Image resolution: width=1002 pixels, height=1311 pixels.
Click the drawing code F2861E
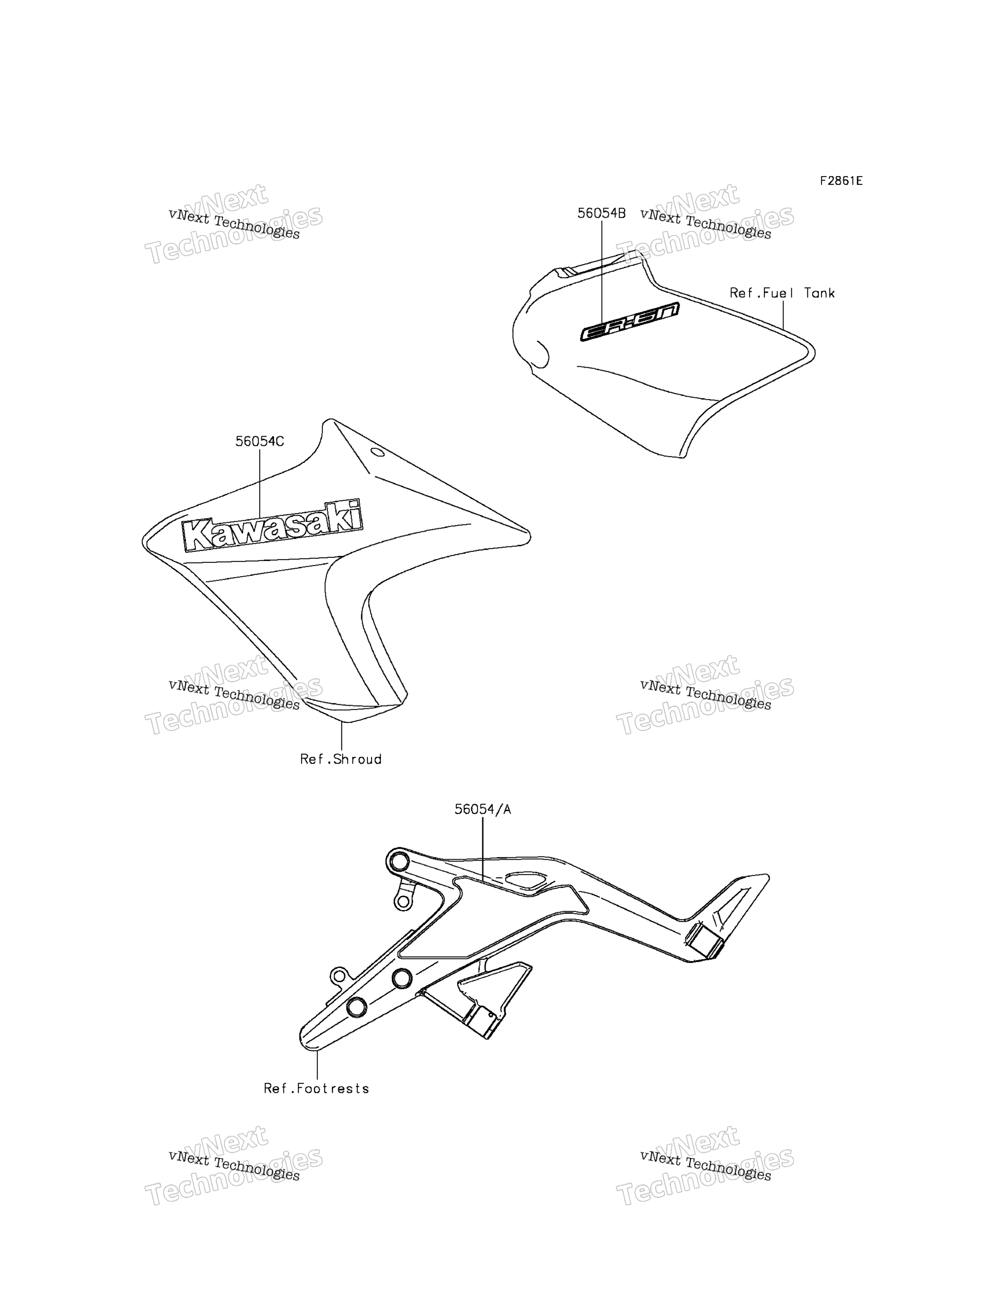coord(841,181)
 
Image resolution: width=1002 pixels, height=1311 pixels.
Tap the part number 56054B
coord(601,214)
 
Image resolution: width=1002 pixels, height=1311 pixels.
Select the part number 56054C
coord(260,442)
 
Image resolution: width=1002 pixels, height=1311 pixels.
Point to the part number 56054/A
coord(483,810)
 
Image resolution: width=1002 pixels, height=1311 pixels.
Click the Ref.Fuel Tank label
coord(782,293)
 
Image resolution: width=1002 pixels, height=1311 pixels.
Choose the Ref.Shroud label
coord(341,760)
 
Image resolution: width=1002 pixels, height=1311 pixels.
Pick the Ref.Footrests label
coord(316,1089)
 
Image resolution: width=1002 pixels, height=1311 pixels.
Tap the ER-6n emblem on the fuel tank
coord(629,322)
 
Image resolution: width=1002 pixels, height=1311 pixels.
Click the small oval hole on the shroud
coord(378,452)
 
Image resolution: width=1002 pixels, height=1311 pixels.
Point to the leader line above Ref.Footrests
coord(317,1065)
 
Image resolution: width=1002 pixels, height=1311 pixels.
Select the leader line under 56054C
coord(260,484)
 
